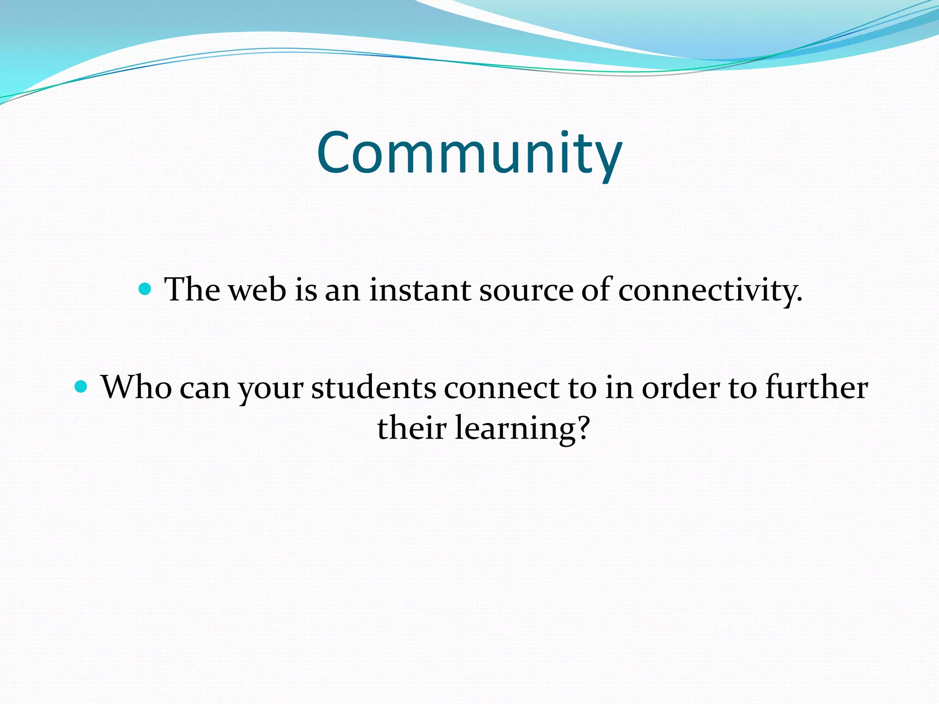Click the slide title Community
[x=469, y=154]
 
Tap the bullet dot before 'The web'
[x=144, y=289]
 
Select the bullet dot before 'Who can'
[x=81, y=387]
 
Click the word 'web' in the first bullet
[x=257, y=290]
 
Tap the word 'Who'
[x=136, y=387]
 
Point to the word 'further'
[x=817, y=387]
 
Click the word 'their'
[x=411, y=428]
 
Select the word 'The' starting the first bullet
[x=192, y=290]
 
